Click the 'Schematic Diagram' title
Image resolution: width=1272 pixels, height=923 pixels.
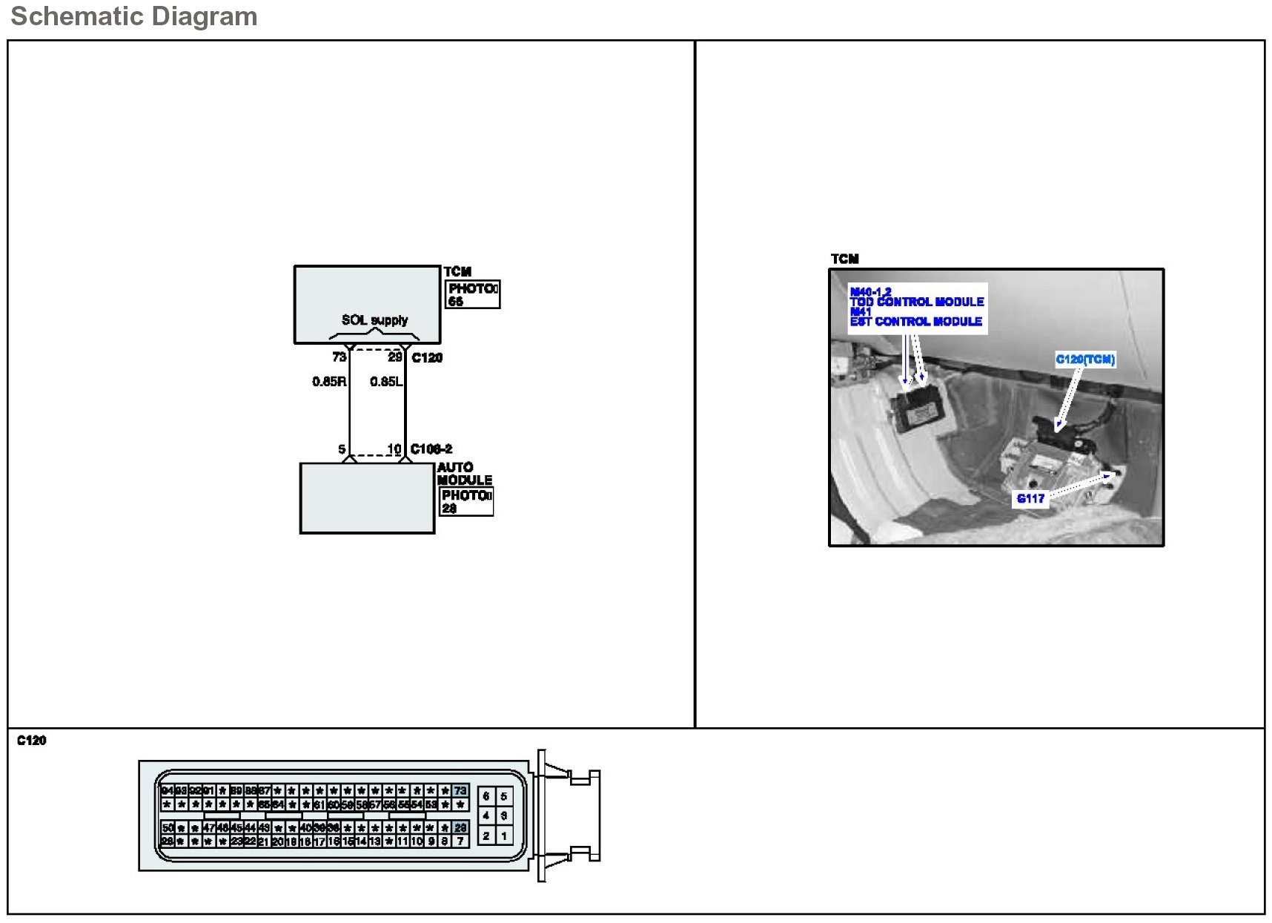coord(134,16)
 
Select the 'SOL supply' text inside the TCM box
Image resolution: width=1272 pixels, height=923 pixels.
coord(374,320)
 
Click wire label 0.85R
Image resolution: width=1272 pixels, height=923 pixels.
coord(329,382)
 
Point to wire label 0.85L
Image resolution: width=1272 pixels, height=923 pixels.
coord(386,382)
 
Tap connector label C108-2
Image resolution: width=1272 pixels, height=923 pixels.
coord(431,449)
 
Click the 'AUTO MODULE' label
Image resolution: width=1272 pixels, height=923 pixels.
coord(464,474)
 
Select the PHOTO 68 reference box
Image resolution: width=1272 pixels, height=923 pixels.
coord(473,294)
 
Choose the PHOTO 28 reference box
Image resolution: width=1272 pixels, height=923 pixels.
coord(466,502)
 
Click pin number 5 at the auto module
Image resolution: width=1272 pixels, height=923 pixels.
coord(342,449)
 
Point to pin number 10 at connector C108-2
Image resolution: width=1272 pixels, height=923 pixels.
coord(394,449)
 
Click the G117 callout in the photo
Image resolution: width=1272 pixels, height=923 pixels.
coord(1030,499)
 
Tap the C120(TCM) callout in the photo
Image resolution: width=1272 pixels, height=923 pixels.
coord(1085,360)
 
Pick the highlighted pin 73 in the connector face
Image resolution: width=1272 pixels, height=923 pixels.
coord(460,791)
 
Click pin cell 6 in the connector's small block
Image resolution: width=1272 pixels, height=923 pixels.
coord(486,796)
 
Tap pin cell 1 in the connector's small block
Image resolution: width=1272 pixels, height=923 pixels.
coord(504,836)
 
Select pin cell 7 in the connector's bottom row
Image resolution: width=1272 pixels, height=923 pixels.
coord(460,841)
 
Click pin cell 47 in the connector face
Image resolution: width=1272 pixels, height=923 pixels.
coord(209,827)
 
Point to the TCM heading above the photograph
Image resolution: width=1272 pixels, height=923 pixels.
coord(844,259)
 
